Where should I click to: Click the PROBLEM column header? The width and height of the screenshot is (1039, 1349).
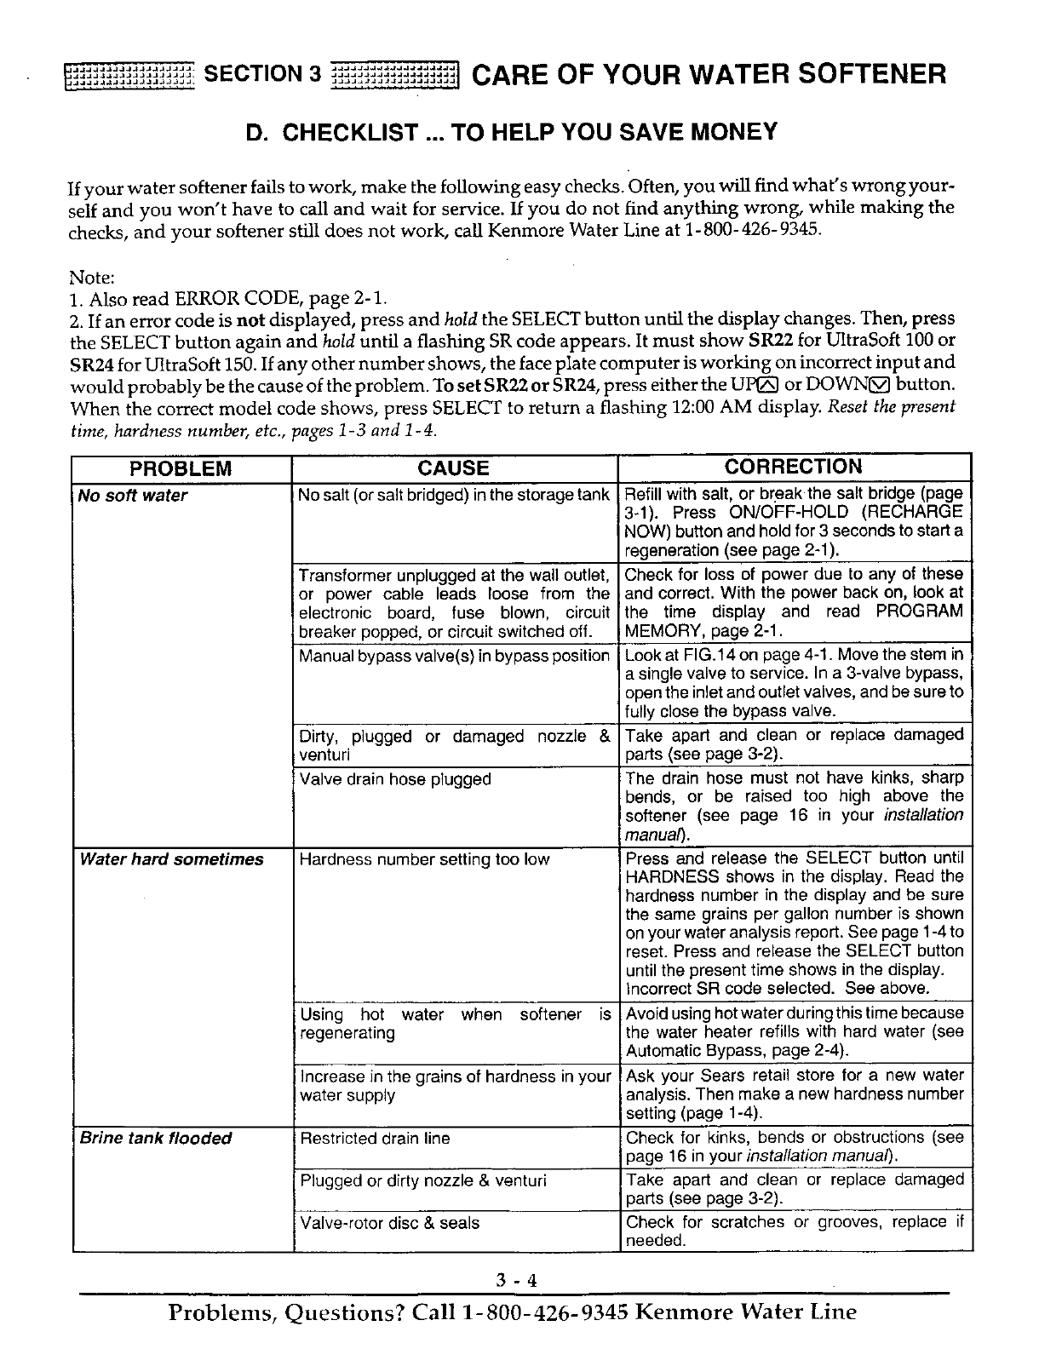[x=181, y=468]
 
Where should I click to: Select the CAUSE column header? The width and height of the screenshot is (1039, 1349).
[x=454, y=468]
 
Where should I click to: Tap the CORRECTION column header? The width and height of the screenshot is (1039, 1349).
[x=793, y=467]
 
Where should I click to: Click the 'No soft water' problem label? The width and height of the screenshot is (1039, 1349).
[x=132, y=496]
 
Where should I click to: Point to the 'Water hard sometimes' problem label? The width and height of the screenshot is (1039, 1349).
[x=171, y=859]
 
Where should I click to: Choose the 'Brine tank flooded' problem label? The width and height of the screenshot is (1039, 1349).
[x=155, y=1139]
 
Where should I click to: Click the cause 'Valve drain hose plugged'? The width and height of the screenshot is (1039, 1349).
[x=395, y=779]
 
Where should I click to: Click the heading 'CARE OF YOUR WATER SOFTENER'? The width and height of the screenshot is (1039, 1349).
[x=708, y=75]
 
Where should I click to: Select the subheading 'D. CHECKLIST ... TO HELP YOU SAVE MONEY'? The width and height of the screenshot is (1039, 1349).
[x=511, y=132]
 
